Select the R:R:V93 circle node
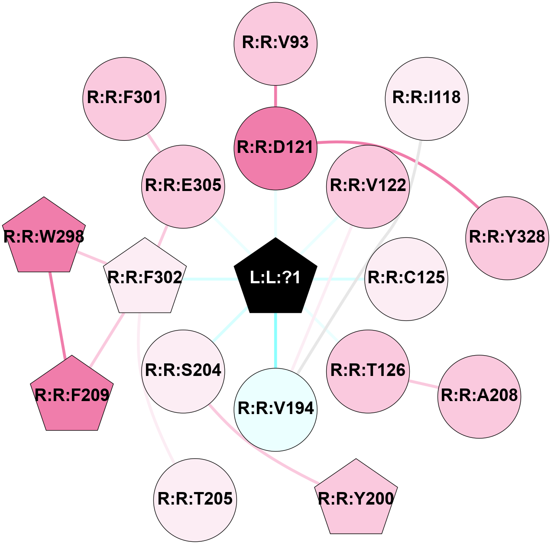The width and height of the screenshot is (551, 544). pos(275,43)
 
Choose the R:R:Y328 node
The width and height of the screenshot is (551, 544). pos(507,238)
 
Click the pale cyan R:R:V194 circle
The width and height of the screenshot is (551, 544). pos(275,409)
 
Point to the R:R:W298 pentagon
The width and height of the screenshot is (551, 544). pos(44,237)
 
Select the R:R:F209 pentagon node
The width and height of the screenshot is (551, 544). pos(72,395)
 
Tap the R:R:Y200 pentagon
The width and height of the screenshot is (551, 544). pos(356,499)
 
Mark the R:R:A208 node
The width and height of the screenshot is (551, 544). pos(480,396)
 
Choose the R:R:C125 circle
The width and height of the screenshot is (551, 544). pos(406,278)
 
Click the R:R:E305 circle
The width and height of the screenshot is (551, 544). pos(183,186)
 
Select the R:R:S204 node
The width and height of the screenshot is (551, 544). pos(183,371)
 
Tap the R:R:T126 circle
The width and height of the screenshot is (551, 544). pos(368,371)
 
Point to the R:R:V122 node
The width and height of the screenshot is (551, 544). pos(368,186)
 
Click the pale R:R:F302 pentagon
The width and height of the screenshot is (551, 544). pos(145,278)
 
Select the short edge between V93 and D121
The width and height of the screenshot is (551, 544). pos(275,96)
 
